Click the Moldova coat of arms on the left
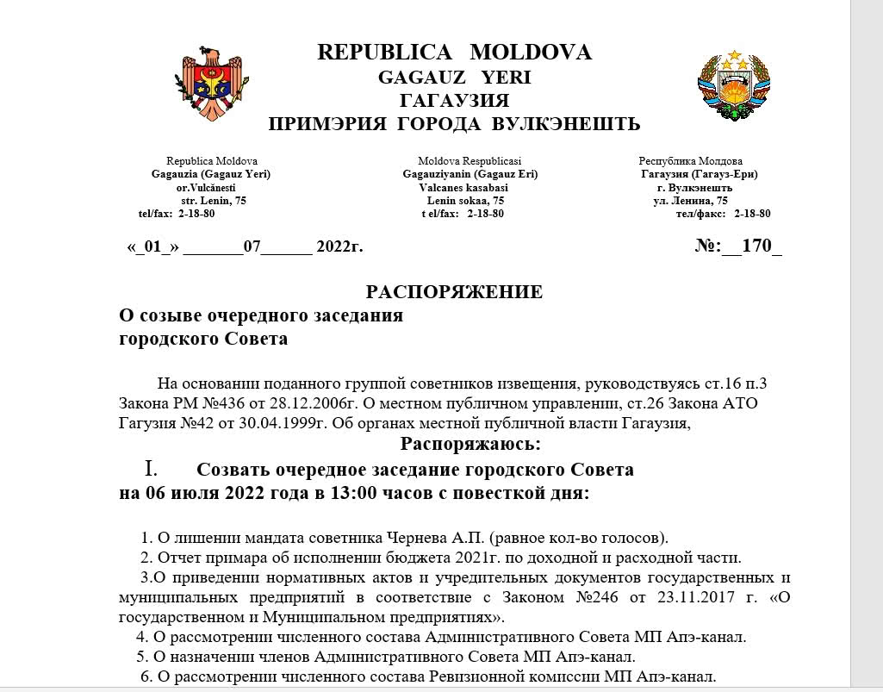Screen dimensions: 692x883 [216, 85]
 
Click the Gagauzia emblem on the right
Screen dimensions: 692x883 [735, 84]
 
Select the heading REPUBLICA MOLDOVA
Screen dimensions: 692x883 [454, 53]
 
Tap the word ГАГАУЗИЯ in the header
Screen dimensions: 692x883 [454, 101]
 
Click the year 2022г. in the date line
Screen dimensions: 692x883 [340, 247]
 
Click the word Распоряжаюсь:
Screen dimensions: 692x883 [470, 445]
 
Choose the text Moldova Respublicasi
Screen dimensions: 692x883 [469, 161]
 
